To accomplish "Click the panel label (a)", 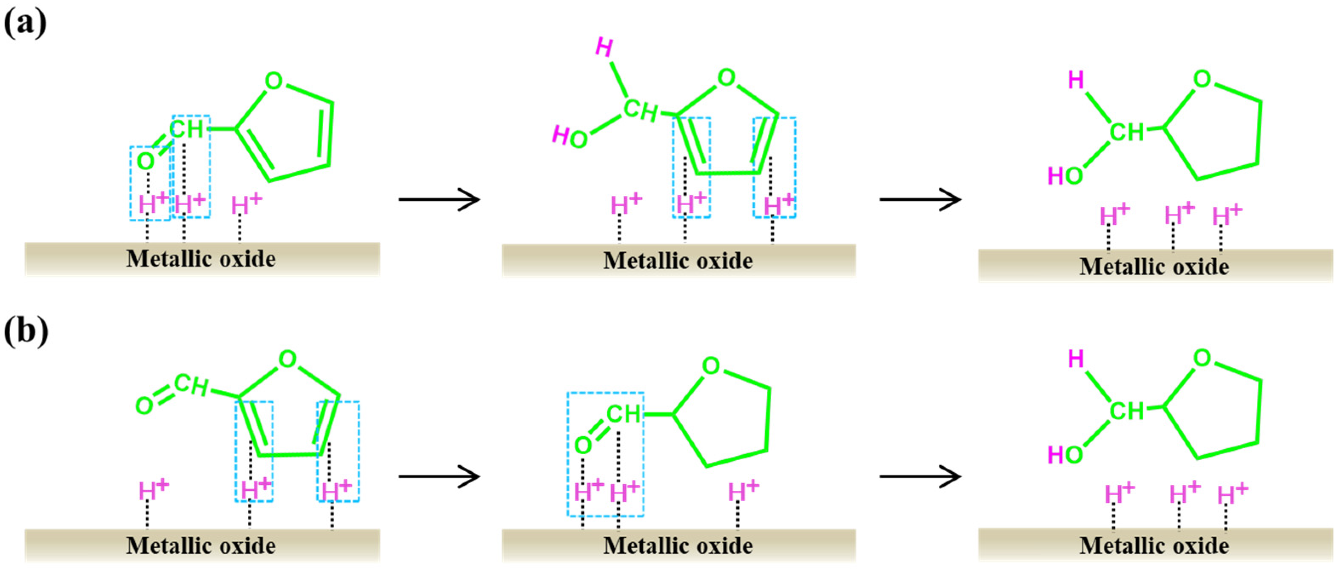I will tap(25, 23).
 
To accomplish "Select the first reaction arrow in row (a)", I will tap(439, 199).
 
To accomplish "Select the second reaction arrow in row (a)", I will tap(920, 199).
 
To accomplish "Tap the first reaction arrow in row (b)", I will tap(439, 476).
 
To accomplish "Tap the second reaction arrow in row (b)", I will tap(920, 476).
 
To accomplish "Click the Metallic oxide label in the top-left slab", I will tap(201, 259).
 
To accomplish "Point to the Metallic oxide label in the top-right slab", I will tap(1154, 267).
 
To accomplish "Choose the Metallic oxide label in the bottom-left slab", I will tap(201, 546).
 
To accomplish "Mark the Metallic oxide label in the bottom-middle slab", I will tap(678, 546).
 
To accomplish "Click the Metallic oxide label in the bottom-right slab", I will tap(1154, 546).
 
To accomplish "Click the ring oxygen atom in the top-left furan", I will tap(273, 82).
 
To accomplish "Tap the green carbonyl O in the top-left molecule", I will tap(146, 161).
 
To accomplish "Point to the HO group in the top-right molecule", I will tap(1066, 176).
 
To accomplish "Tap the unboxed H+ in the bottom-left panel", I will tap(153, 490).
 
